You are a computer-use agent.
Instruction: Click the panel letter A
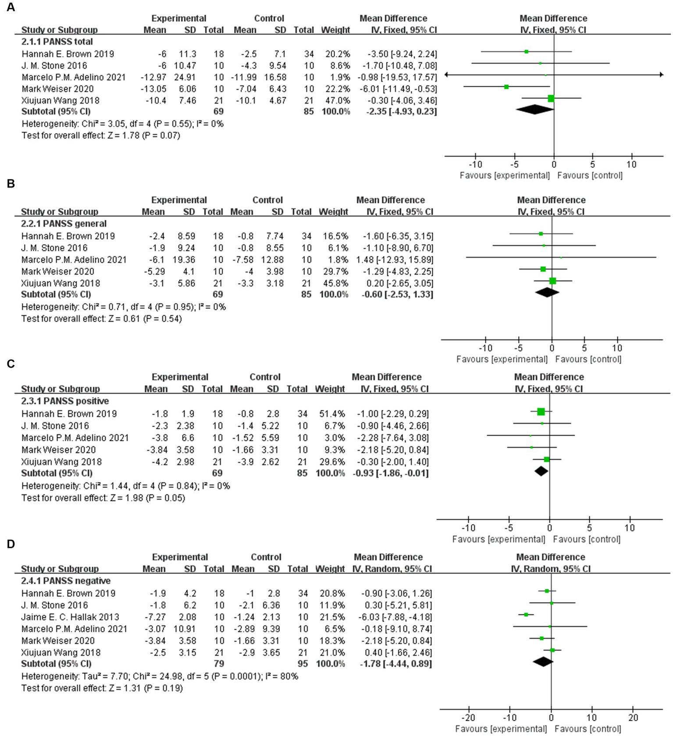click(x=11, y=7)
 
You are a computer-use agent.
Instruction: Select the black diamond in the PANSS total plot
click(x=534, y=109)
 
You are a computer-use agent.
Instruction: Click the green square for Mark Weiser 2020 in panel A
click(x=506, y=87)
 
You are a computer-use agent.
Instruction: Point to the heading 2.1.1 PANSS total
click(x=57, y=42)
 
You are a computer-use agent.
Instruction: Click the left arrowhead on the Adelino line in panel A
click(x=447, y=75)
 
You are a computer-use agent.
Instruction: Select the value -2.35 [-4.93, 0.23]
click(x=401, y=111)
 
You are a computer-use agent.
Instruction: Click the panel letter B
click(x=11, y=183)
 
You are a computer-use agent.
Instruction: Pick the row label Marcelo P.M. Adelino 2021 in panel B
click(x=74, y=260)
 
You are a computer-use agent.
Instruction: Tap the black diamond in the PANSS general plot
click(x=547, y=292)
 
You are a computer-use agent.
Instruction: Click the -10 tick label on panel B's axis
click(x=485, y=348)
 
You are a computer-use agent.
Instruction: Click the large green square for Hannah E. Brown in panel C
click(x=541, y=412)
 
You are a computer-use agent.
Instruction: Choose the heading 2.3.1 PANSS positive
click(x=65, y=401)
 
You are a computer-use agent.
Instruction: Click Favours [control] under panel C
click(x=586, y=539)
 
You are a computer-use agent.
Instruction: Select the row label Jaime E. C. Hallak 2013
click(x=70, y=617)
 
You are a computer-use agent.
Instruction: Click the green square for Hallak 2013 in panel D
click(x=526, y=615)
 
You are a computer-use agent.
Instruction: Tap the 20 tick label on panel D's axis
click(x=633, y=718)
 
